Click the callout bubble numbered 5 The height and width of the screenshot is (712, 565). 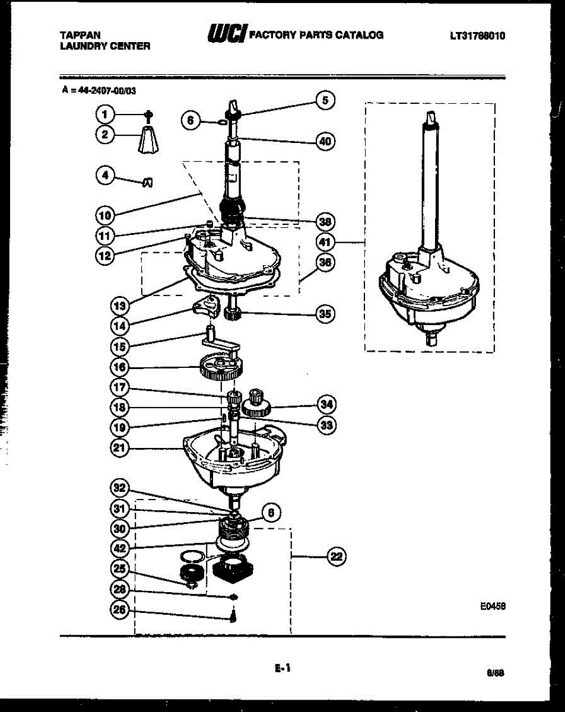[x=325, y=100]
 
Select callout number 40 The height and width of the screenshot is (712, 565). [x=325, y=141]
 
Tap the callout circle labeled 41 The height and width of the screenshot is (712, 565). [x=325, y=241]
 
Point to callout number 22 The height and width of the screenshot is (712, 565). [x=337, y=556]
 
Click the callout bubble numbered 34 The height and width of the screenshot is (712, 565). [x=325, y=405]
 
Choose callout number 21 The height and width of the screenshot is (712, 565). [x=119, y=448]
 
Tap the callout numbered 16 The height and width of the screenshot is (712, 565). [x=119, y=367]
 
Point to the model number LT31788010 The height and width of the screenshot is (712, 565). [x=477, y=36]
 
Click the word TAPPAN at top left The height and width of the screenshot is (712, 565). [x=80, y=36]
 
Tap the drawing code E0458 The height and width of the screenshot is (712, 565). [x=493, y=607]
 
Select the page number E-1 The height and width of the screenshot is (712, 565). [x=282, y=668]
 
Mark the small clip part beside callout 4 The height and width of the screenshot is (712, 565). [x=148, y=182]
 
